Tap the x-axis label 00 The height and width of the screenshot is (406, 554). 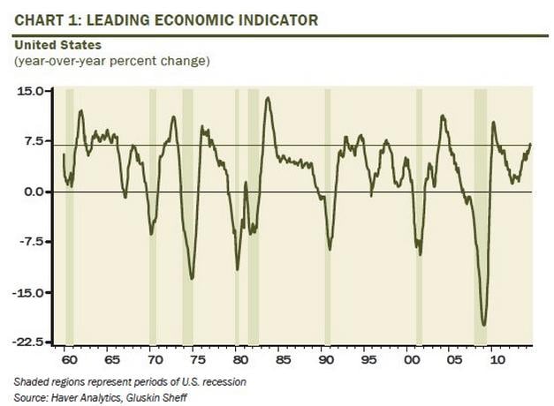coord(411,360)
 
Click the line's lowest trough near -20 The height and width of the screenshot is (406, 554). coord(483,325)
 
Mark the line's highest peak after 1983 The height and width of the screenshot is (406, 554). coord(267,98)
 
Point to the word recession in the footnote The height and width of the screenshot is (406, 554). coord(224,381)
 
